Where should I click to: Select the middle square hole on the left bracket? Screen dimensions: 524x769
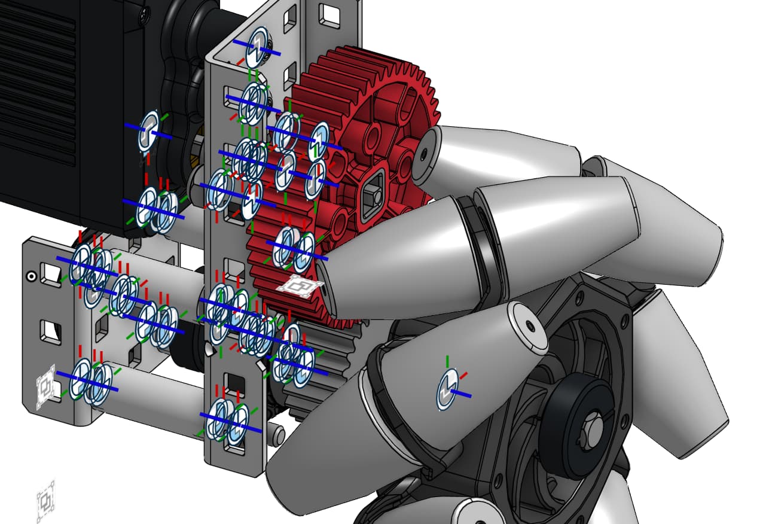point(48,330)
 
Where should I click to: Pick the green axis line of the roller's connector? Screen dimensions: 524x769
point(447,362)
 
